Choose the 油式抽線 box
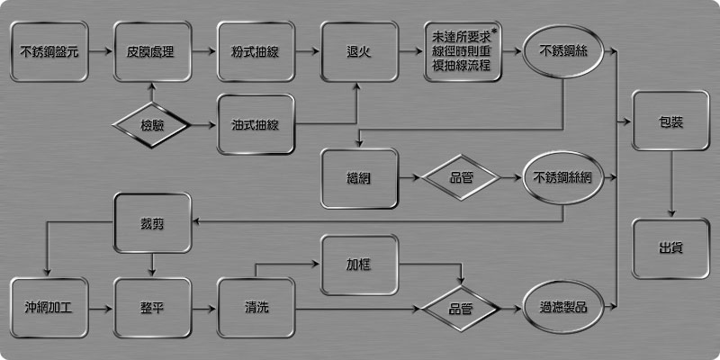(x=256, y=123)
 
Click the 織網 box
(x=359, y=177)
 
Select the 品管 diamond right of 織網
(x=462, y=177)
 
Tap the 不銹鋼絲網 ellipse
(x=562, y=177)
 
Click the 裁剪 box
(x=152, y=222)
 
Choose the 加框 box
(x=359, y=265)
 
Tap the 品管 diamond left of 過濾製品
(x=462, y=309)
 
